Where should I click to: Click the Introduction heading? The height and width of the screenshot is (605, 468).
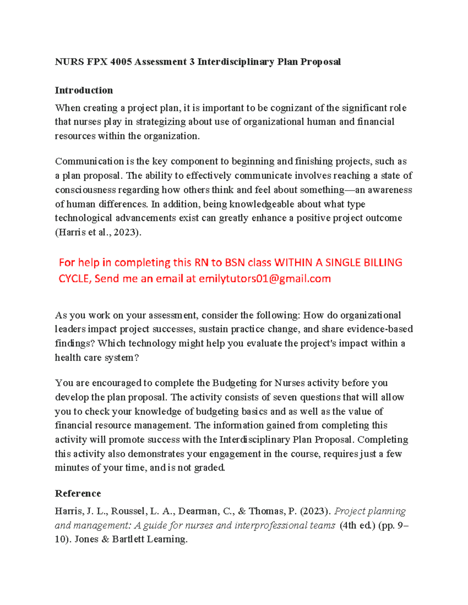[x=84, y=90]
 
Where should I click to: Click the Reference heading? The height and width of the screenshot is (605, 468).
[x=78, y=494]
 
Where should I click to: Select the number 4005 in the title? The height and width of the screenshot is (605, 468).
[x=121, y=62]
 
